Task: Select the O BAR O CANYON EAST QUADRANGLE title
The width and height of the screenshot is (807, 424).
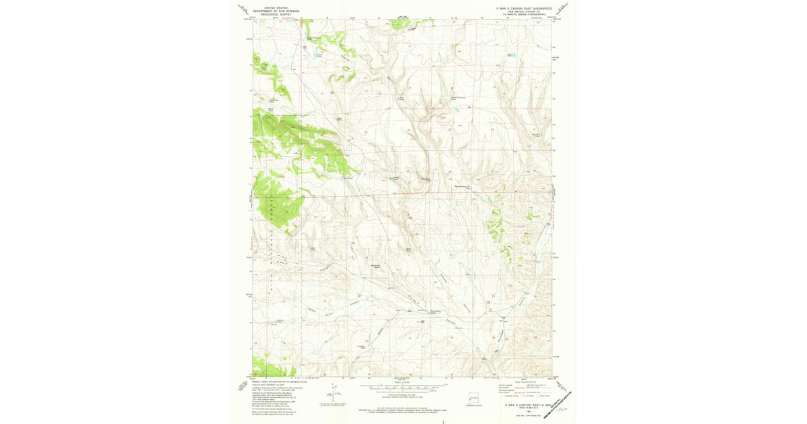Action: [x=519, y=8]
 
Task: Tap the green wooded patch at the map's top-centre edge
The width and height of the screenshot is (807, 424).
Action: [x=404, y=24]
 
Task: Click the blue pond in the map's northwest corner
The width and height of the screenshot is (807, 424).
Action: [x=317, y=56]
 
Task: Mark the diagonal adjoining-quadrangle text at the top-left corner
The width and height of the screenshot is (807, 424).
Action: [x=243, y=9]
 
